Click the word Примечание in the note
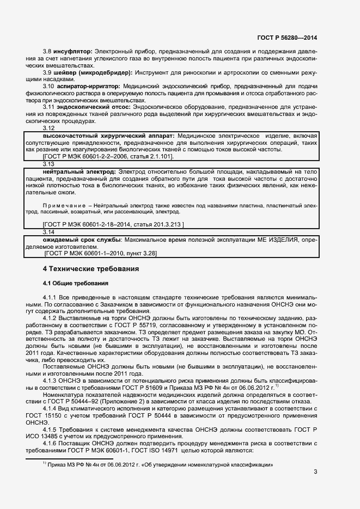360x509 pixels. pos(63,205)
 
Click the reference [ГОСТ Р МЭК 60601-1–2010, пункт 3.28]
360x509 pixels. pos(102,253)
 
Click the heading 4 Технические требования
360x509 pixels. pos(91,269)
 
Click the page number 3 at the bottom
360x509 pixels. pos(315,471)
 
